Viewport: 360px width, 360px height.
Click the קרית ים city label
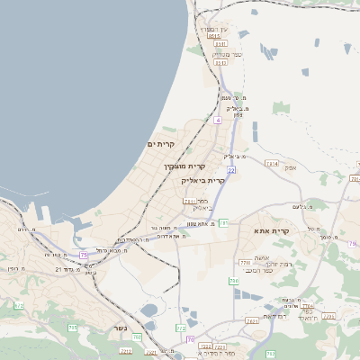click(160, 143)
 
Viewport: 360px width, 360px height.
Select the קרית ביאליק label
click(204, 179)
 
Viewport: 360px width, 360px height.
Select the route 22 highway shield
click(231, 169)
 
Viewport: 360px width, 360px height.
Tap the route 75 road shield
click(84, 255)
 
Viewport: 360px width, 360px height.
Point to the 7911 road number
click(189, 202)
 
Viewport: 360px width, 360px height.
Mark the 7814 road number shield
click(272, 163)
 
